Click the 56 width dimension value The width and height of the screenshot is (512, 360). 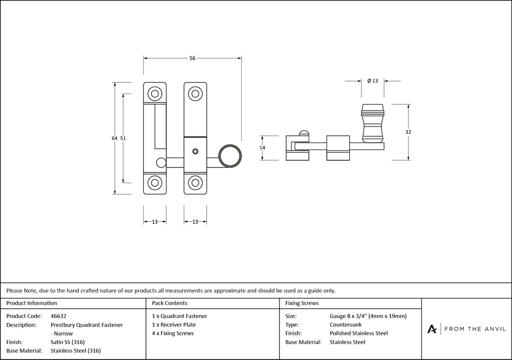pyautogui.click(x=193, y=58)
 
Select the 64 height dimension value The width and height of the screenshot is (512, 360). pyautogui.click(x=115, y=138)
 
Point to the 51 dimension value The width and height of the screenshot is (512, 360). pyautogui.click(x=123, y=138)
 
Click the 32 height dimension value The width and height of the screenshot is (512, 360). pyautogui.click(x=408, y=132)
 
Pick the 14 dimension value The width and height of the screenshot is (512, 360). pyautogui.click(x=262, y=147)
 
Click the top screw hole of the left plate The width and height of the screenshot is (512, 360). pyautogui.click(x=154, y=93)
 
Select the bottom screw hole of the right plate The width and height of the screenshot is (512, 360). pyautogui.click(x=195, y=183)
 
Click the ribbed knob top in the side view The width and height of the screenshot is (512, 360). pyautogui.click(x=372, y=109)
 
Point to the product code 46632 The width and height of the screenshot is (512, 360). pyautogui.click(x=59, y=316)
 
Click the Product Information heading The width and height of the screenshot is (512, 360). pyautogui.click(x=32, y=303)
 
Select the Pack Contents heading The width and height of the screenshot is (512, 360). pyautogui.click(x=169, y=303)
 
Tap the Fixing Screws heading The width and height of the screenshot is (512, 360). pyautogui.click(x=302, y=303)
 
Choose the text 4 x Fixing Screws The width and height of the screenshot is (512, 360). pyautogui.click(x=173, y=333)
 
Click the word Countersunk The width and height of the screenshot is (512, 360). pyautogui.click(x=345, y=325)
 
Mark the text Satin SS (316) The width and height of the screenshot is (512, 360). pyautogui.click(x=68, y=342)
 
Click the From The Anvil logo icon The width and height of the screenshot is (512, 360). pyautogui.click(x=432, y=329)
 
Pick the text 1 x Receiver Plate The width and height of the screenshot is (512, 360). pyautogui.click(x=174, y=325)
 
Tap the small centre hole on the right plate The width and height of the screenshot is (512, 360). pyautogui.click(x=195, y=151)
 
